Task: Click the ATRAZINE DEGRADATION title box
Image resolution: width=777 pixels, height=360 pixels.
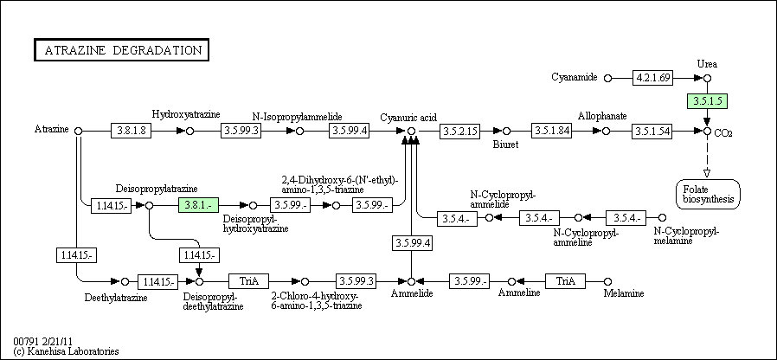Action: [121, 50]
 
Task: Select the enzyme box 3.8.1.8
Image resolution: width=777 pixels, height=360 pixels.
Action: [131, 131]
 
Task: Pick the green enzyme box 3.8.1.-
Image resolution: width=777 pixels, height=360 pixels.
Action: [198, 205]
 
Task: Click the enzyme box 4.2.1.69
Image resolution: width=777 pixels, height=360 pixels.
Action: [653, 78]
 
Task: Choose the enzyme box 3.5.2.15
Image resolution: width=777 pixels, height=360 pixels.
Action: [459, 131]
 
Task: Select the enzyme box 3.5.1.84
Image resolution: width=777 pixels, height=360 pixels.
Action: [552, 131]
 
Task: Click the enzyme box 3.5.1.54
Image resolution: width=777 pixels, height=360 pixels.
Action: [652, 131]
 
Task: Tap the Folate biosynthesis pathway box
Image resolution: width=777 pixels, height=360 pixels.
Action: [708, 194]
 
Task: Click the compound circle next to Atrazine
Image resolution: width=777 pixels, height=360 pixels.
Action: [78, 131]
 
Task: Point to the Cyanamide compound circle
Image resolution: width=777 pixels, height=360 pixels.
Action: [608, 78]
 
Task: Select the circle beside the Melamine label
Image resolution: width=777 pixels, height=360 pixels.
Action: [608, 281]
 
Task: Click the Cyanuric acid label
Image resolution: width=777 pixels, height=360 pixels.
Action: [408, 118]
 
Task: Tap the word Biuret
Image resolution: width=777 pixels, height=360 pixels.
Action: [505, 145]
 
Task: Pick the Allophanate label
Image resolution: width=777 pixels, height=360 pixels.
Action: [602, 116]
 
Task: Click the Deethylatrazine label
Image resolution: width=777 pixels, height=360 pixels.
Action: [116, 298]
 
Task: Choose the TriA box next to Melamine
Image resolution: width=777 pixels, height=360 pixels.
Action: [565, 281]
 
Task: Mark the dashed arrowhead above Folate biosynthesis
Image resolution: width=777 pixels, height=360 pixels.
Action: [707, 173]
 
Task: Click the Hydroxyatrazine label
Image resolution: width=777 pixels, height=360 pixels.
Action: [186, 114]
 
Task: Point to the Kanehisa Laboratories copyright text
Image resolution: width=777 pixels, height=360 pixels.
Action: [67, 351]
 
